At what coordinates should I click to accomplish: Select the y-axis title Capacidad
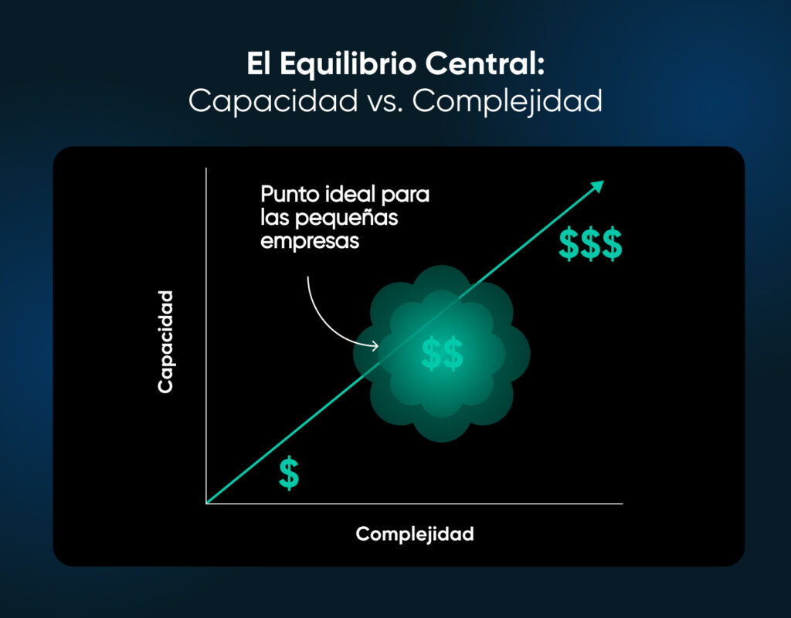pos(165,342)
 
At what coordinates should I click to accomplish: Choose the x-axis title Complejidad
pos(415,534)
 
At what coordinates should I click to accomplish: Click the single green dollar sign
pos(289,474)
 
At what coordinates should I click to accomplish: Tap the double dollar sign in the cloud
pos(442,353)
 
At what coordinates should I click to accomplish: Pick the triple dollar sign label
pos(590,244)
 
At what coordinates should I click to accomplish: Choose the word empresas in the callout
pos(310,240)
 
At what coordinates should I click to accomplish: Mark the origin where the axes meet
pos(206,504)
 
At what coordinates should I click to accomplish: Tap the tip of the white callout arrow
pos(378,345)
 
